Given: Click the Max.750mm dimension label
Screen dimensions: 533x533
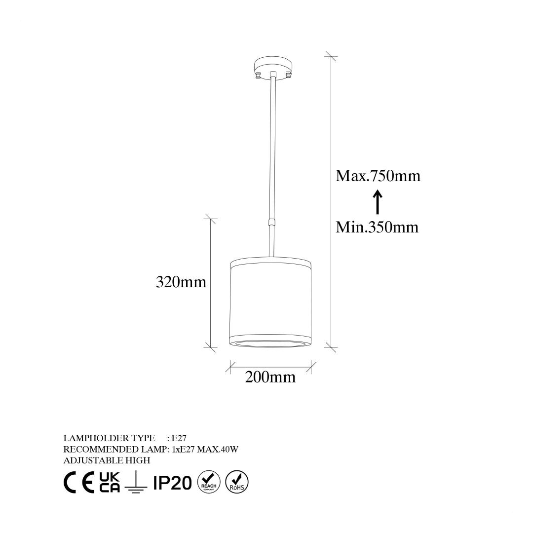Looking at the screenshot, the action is coord(378,176).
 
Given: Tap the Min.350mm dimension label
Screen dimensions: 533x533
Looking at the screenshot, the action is coord(377,227).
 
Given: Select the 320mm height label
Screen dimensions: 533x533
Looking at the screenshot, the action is coord(181,282).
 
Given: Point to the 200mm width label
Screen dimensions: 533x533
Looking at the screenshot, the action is coord(270,377).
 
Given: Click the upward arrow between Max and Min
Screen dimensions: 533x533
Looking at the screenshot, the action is coord(378,202).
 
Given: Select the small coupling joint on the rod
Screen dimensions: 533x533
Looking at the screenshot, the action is coord(271,222).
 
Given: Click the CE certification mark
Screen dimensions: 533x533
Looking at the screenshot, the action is coord(79,482).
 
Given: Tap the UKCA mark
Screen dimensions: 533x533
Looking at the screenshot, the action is coord(110,482).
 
